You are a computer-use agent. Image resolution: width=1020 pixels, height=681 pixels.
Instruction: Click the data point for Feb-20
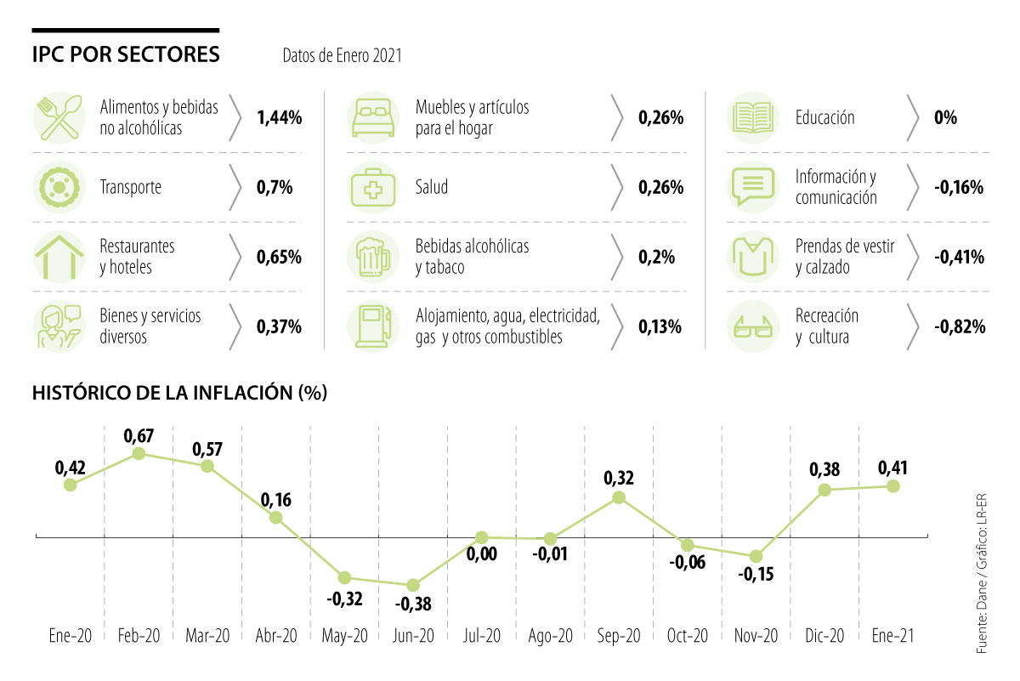click(139, 454)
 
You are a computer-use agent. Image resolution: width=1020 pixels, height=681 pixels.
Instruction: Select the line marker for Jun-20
click(413, 585)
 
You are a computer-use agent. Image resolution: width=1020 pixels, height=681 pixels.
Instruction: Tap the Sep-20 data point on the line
click(619, 497)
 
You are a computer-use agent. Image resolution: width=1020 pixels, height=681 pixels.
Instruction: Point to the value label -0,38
click(412, 606)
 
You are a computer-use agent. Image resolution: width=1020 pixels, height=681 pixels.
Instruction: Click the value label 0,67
click(139, 435)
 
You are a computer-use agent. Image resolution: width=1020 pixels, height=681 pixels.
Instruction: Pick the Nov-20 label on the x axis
click(756, 637)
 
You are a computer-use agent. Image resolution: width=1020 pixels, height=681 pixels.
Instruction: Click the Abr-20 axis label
click(276, 637)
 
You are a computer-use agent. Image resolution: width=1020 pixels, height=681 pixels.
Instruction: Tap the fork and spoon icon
click(59, 118)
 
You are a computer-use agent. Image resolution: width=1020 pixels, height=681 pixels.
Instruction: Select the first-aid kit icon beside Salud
click(373, 188)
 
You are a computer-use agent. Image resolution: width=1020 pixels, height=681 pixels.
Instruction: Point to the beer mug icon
click(371, 257)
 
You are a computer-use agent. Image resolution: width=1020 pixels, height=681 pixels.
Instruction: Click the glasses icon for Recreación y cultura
click(753, 326)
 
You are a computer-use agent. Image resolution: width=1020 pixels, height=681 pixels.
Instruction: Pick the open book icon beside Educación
click(752, 117)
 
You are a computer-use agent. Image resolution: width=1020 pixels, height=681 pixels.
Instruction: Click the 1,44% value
click(279, 118)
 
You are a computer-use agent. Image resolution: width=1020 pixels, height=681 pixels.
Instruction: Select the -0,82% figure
click(958, 326)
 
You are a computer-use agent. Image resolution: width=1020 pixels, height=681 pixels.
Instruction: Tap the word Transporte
click(131, 188)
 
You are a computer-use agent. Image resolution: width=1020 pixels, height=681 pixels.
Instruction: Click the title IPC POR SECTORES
click(126, 55)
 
